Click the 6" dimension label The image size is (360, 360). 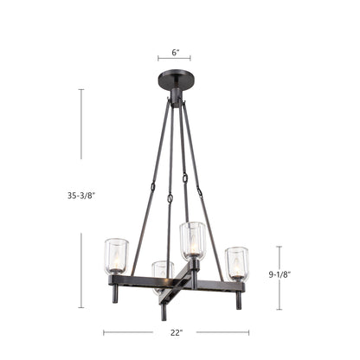pyautogui.click(x=176, y=53)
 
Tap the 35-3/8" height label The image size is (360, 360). pyautogui.click(x=81, y=196)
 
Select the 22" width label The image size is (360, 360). pyautogui.click(x=177, y=332)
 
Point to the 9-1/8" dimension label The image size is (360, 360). pyautogui.click(x=280, y=274)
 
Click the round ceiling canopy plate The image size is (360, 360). pyautogui.click(x=176, y=80)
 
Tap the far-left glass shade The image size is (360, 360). pyautogui.click(x=116, y=256)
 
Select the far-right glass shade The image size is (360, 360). pyautogui.click(x=237, y=264)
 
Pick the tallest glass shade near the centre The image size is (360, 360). pyautogui.click(x=192, y=240)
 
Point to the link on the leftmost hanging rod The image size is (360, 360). pyautogui.click(x=152, y=187)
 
